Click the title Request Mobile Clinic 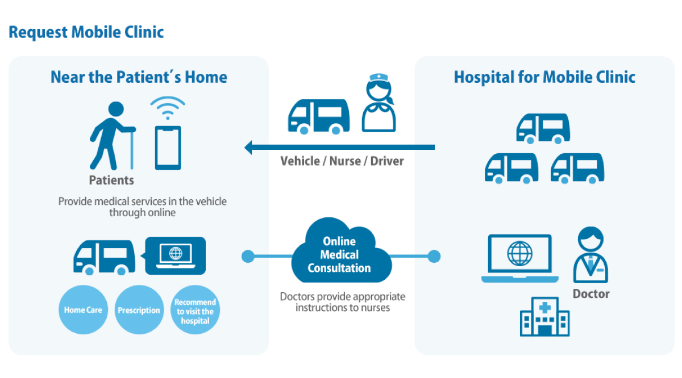[86, 32]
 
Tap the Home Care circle [83, 310]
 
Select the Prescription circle [139, 310]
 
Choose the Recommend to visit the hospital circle [195, 310]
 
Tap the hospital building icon [544, 318]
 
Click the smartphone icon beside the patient [168, 148]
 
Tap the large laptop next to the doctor [519, 258]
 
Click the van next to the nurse [318, 117]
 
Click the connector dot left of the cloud [247, 257]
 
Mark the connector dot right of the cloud [434, 257]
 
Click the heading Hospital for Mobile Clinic [544, 77]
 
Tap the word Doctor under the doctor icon [590, 294]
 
